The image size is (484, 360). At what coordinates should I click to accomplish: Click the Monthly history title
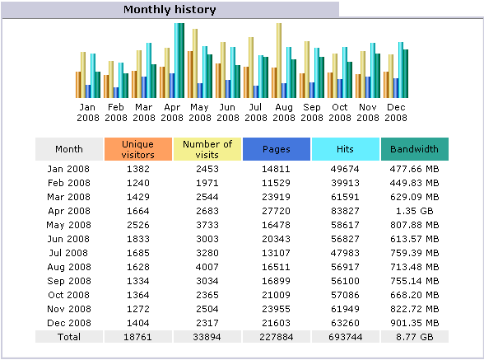(170, 10)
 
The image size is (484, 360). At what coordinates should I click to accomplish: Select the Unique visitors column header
(138, 149)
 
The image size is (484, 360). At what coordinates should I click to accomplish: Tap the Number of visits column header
(207, 149)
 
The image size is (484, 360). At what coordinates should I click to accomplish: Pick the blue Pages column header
(277, 149)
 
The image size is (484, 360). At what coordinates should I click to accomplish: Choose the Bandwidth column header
(415, 149)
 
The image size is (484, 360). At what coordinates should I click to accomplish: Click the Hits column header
(346, 149)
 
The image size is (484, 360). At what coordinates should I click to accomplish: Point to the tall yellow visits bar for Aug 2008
(279, 61)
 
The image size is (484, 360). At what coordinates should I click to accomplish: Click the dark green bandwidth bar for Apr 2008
(182, 61)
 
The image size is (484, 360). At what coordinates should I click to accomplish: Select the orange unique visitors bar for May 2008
(190, 74)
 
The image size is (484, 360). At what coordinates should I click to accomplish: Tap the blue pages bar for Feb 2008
(116, 93)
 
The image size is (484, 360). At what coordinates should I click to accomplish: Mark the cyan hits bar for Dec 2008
(401, 70)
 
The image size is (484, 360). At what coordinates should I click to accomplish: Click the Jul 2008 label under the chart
(255, 113)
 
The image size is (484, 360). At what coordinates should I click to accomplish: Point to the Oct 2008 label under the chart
(339, 113)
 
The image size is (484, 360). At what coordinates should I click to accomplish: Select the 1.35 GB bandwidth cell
(415, 211)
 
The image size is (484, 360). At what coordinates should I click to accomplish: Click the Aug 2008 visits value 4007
(207, 267)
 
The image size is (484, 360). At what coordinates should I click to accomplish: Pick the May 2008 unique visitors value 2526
(138, 225)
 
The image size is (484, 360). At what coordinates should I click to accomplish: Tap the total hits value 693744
(346, 337)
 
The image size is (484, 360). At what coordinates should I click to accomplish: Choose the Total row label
(69, 337)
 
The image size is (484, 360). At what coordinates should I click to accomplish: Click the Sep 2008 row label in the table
(69, 281)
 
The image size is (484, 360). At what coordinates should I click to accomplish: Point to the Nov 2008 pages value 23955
(277, 309)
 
